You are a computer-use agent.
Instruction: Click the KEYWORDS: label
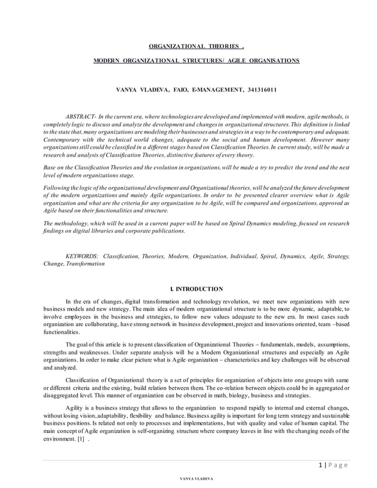pyautogui.click(x=82, y=257)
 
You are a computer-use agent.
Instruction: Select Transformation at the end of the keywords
pyautogui.click(x=83, y=264)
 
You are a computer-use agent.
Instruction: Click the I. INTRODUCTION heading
pyautogui.click(x=196, y=289)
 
